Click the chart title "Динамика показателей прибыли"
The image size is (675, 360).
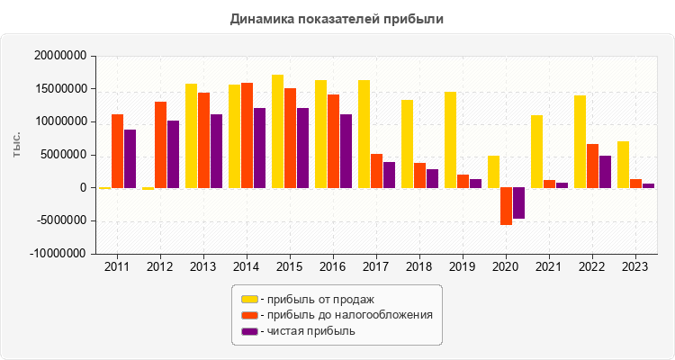(x=337, y=18)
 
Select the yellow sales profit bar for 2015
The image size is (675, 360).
(x=277, y=131)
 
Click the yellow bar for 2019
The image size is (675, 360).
(x=450, y=139)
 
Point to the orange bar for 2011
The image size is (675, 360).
(x=117, y=151)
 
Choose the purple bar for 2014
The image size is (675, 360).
(x=259, y=148)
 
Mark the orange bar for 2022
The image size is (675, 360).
(x=592, y=166)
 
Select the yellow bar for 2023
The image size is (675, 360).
(x=623, y=165)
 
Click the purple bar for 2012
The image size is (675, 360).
(x=173, y=154)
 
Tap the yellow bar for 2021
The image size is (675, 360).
(x=536, y=151)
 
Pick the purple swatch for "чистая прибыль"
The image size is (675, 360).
(x=249, y=331)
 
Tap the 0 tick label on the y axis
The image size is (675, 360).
(x=82, y=188)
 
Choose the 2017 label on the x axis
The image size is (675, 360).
(x=375, y=266)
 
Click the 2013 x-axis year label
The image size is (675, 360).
(x=203, y=266)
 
